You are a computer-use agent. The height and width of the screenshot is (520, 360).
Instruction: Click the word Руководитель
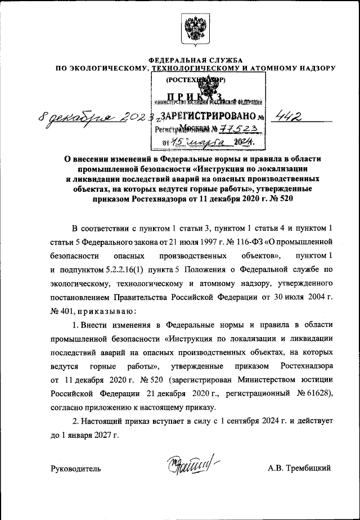click(76, 468)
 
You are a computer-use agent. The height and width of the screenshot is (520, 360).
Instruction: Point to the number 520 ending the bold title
click(285, 199)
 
